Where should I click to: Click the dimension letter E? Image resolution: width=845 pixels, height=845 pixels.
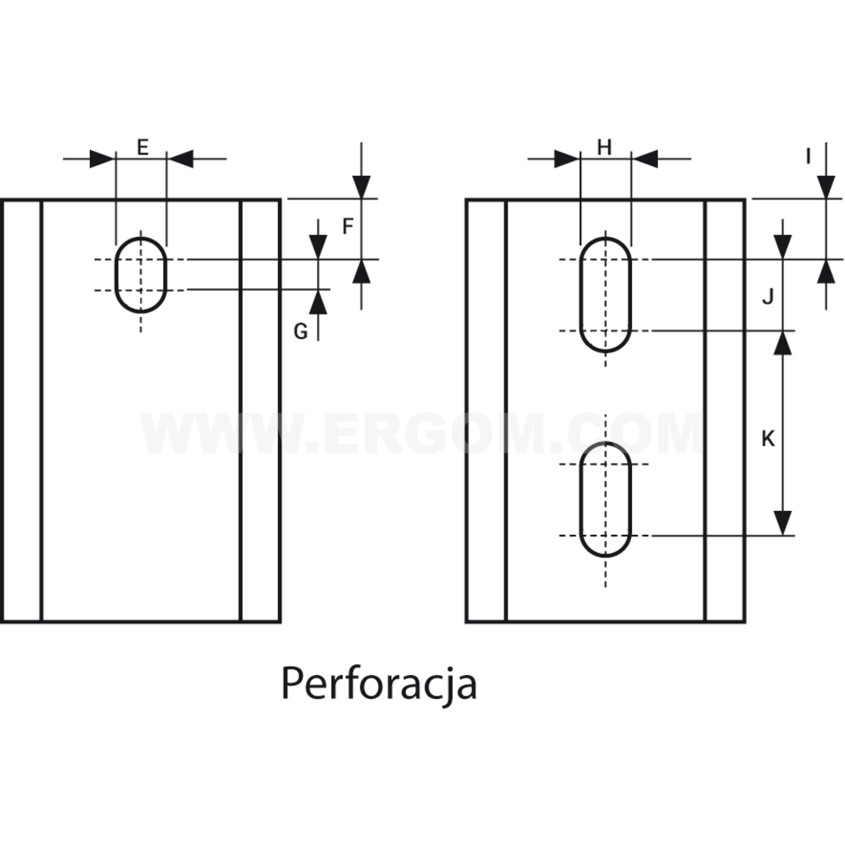coord(142,147)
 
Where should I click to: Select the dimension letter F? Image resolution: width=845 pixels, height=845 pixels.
coord(347,226)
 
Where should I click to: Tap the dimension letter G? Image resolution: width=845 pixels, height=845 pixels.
coord(300,332)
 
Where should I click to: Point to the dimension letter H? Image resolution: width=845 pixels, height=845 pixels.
coord(605,147)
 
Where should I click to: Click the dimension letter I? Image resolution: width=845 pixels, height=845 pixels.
coord(808,156)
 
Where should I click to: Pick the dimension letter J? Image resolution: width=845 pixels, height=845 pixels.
coord(767,296)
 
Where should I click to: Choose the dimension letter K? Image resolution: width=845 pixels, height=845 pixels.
coord(768,439)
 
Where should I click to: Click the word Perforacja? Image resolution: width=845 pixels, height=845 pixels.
coord(380,682)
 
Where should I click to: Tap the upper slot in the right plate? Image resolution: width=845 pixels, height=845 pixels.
coord(580,295)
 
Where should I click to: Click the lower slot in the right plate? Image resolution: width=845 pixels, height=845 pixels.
coord(580,499)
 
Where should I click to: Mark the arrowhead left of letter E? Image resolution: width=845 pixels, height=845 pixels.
coord(102,159)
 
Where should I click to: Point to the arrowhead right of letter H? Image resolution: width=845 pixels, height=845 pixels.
coord(644,159)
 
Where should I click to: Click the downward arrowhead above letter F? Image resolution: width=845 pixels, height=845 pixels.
coord(361,186)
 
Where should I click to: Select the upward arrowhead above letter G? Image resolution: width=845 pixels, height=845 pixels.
coord(319,302)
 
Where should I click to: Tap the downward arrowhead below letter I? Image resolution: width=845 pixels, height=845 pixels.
coord(826,186)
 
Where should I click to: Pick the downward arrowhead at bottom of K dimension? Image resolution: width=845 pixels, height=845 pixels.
coord(782,522)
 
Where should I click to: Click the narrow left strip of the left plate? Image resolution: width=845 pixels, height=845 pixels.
coord(21,411)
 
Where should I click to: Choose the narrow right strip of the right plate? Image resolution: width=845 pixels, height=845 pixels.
coord(725,411)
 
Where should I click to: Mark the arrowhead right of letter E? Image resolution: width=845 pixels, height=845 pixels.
coord(180,159)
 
